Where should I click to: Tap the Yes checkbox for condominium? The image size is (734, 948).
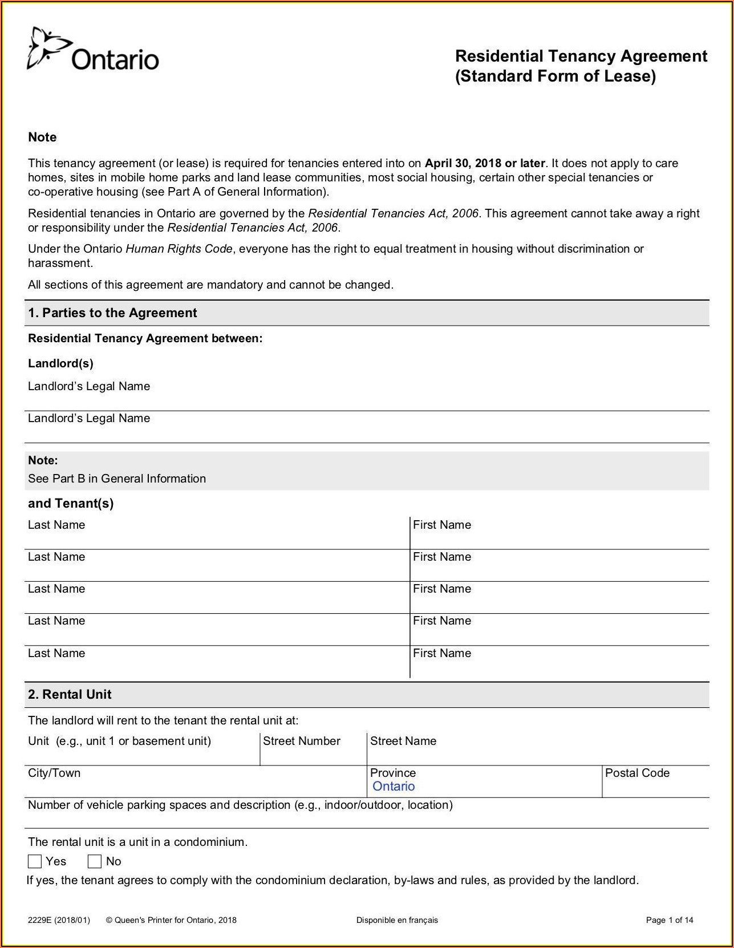[35, 861]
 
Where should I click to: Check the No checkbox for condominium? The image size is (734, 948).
[95, 861]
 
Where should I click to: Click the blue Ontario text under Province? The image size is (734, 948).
[394, 786]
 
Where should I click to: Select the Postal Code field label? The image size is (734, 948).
[637, 773]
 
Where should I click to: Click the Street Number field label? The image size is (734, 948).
[301, 741]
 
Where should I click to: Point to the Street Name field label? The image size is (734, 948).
[403, 741]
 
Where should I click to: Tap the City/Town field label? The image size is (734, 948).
[54, 773]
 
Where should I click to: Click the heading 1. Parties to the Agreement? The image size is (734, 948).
[112, 313]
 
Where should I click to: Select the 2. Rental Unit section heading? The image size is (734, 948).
[70, 694]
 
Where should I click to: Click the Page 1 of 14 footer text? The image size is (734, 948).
[669, 919]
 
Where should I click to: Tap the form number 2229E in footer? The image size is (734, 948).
[59, 919]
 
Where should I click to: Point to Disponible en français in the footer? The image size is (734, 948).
[397, 919]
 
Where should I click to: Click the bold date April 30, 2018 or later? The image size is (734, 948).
[485, 163]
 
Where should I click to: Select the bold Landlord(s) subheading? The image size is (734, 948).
[60, 363]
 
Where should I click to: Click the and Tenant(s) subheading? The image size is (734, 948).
[71, 503]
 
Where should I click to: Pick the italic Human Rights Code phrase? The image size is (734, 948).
[179, 249]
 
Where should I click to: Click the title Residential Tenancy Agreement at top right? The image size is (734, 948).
[581, 56]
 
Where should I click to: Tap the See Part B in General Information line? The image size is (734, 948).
[117, 479]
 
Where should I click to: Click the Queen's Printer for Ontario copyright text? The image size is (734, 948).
[171, 919]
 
